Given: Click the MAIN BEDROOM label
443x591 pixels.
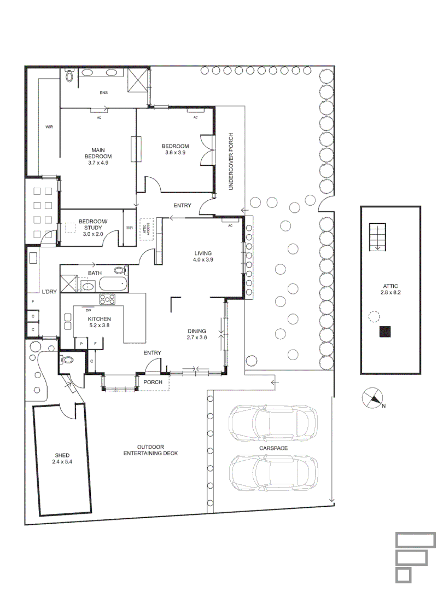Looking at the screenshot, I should click(98, 153).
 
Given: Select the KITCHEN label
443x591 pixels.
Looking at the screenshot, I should click(100, 319).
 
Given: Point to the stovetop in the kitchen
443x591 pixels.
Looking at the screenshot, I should click(107, 299).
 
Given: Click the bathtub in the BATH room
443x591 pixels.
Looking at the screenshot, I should click(113, 283).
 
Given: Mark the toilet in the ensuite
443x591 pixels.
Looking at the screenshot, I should click(69, 77).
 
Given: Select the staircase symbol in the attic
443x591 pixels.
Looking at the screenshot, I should click(377, 236).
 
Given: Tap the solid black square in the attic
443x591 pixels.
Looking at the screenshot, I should click(386, 332).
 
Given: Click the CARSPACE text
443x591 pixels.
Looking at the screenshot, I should click(274, 448).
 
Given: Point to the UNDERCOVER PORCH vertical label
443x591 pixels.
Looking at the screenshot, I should click(231, 161).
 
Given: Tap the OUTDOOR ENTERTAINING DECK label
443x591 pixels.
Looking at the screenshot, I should click(150, 450).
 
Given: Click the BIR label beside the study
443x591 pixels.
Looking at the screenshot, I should click(130, 228).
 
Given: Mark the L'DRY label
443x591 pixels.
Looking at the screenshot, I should click(49, 292).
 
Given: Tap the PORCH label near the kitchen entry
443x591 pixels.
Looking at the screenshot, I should click(153, 382).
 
